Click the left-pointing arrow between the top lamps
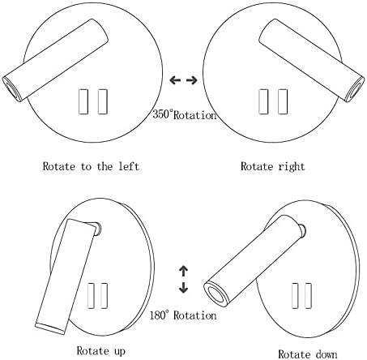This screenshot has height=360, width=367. click(x=175, y=80)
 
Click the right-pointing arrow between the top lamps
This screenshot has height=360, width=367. click(x=192, y=80)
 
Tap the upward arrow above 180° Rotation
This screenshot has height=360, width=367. click(x=184, y=272)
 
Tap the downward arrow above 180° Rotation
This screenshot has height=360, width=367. click(x=184, y=288)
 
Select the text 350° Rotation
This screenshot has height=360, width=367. click(x=185, y=115)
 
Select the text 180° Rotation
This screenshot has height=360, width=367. click(x=183, y=315)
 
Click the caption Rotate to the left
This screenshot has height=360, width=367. click(x=91, y=166)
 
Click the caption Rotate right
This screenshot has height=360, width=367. click(x=273, y=166)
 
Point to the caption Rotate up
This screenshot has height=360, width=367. click(x=101, y=351)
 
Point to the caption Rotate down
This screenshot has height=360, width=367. click(x=308, y=354)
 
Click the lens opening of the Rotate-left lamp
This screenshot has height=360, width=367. click(x=11, y=90)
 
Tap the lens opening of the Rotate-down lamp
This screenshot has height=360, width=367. click(x=216, y=294)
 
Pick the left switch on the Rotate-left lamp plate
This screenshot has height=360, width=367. click(x=83, y=101)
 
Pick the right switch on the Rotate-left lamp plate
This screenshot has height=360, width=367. click(x=103, y=101)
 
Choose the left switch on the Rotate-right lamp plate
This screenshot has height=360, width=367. click(x=263, y=101)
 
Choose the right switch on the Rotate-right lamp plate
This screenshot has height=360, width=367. click(x=283, y=101)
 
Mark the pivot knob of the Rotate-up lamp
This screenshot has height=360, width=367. click(x=97, y=229)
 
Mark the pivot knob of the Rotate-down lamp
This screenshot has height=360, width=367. click(x=301, y=230)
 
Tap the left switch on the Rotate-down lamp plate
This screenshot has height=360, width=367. click(x=295, y=296)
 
